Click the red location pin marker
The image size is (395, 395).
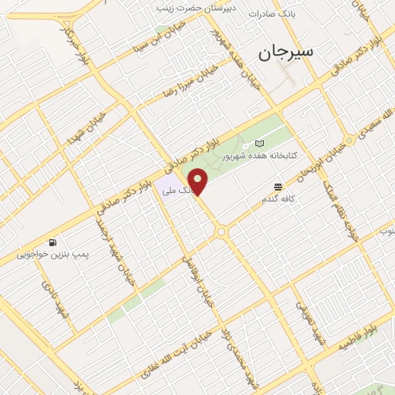199,181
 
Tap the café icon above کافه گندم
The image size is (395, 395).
278,187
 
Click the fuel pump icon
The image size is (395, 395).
52,241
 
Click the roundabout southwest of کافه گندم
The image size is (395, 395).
222,231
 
